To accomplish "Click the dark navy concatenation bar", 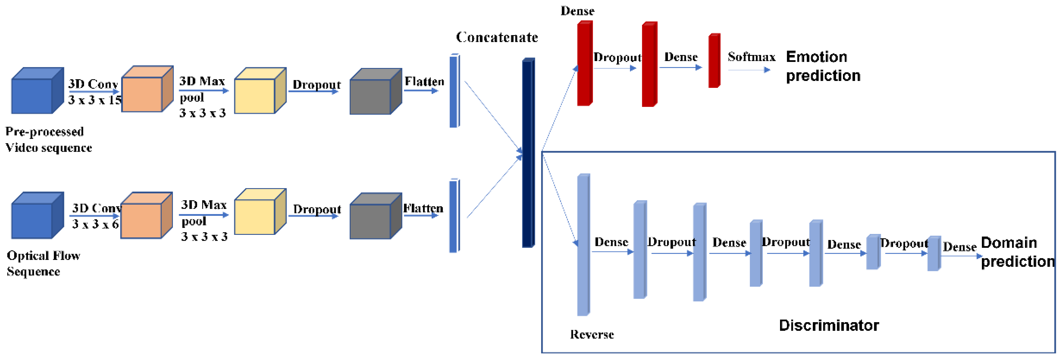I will [x=528, y=153].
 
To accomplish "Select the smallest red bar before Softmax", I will [x=714, y=61].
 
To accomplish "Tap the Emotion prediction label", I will [x=823, y=66].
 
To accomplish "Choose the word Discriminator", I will [x=829, y=325].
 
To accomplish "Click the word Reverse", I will [x=592, y=334].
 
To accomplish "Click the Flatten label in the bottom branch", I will [x=423, y=208].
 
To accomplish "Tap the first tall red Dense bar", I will [x=584, y=64].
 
